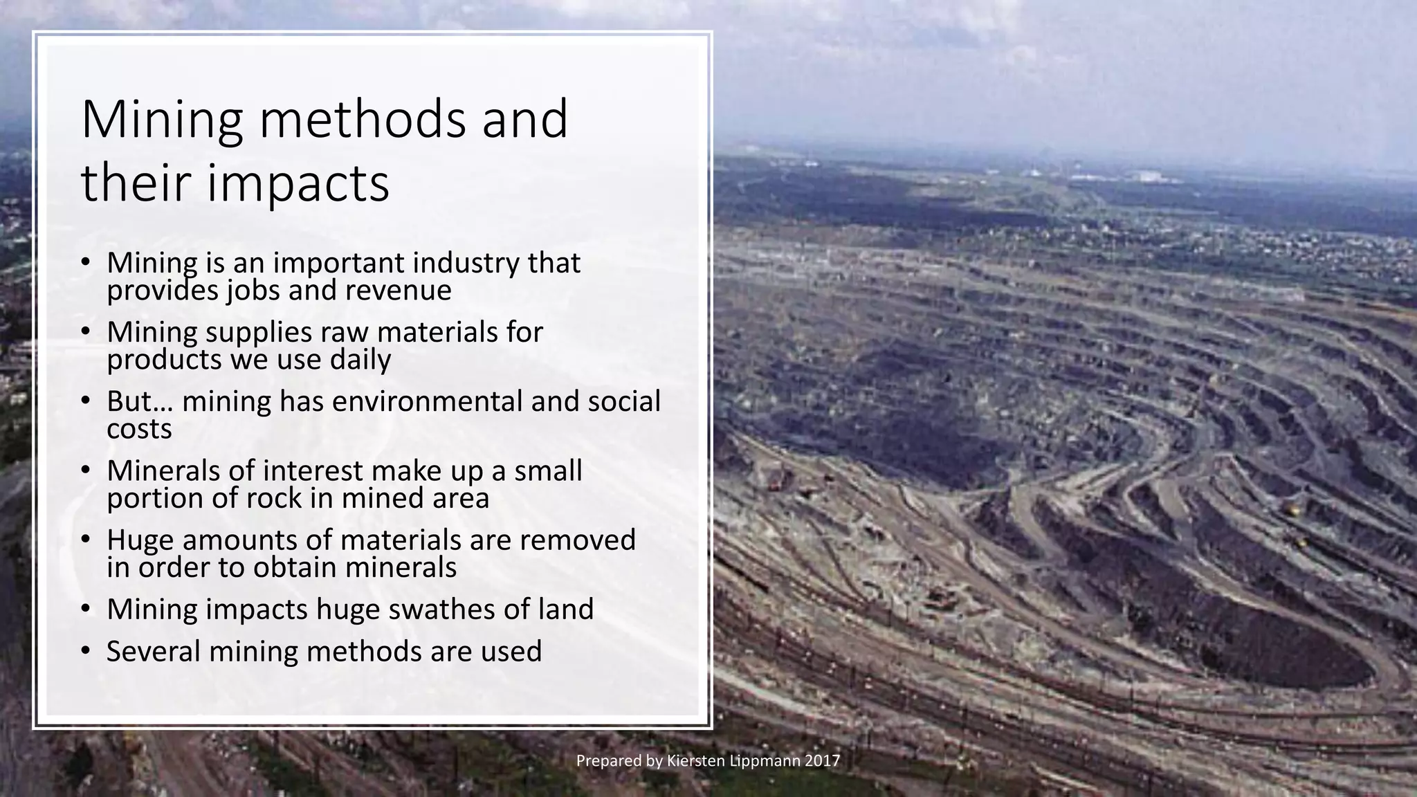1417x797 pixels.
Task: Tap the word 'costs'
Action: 139,429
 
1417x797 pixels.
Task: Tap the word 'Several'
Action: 153,651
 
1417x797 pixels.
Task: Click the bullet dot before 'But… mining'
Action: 85,401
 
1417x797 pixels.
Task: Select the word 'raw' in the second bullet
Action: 344,332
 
